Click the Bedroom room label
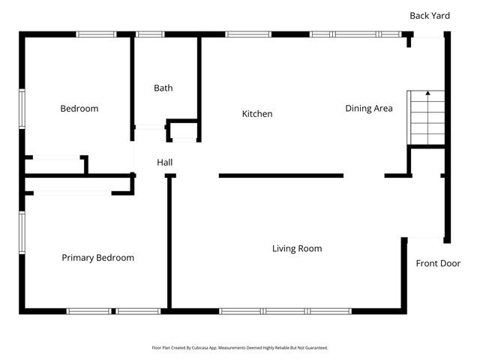(x=79, y=109)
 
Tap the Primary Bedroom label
(x=97, y=258)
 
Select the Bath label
(x=163, y=88)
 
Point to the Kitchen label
(x=256, y=114)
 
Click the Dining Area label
(x=368, y=109)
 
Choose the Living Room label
(x=297, y=248)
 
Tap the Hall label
(x=165, y=162)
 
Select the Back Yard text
(x=429, y=15)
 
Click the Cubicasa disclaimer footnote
(x=240, y=348)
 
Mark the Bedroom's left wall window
(x=22, y=109)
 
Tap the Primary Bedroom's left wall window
(x=22, y=232)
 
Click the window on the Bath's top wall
(x=150, y=34)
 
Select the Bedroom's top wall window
(x=96, y=34)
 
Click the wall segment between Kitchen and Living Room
(x=281, y=175)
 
